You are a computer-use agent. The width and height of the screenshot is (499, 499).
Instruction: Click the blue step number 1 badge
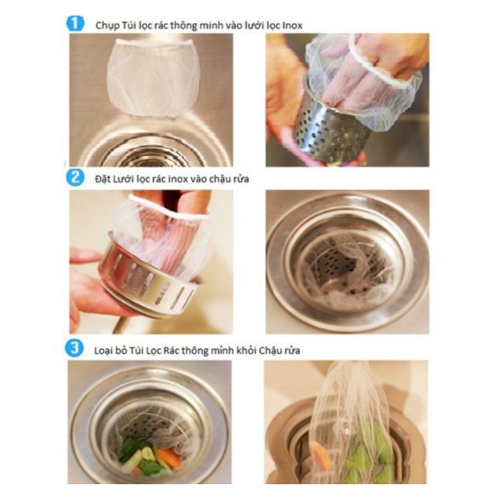point(75,24)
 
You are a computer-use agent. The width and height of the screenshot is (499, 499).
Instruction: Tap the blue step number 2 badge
point(75,178)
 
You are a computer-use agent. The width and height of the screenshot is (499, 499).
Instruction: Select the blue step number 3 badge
point(74,348)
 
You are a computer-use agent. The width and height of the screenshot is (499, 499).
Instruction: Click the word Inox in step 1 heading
point(292,25)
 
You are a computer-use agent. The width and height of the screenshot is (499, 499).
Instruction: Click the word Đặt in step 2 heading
point(101,179)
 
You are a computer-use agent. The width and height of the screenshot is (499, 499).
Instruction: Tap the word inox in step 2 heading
point(178,179)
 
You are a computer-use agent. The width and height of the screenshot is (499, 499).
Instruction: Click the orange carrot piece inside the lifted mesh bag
point(322,454)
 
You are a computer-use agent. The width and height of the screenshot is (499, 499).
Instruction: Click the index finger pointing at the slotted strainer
point(85,255)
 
